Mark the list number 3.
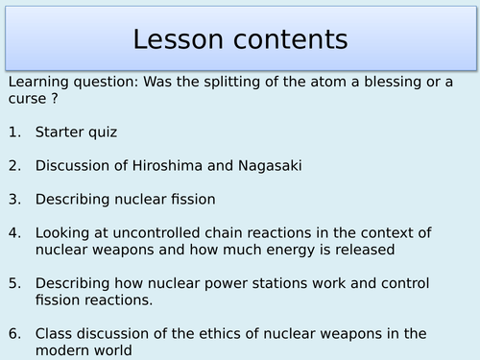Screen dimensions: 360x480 point(12,199)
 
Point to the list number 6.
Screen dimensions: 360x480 point(12,333)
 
